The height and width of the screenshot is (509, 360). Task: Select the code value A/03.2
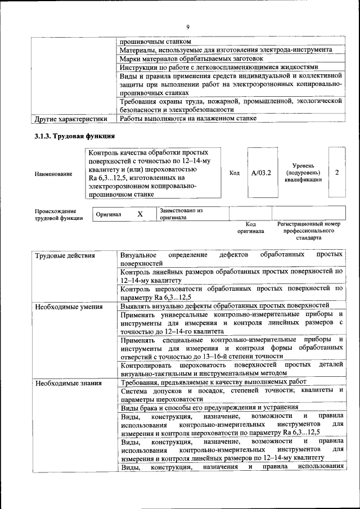point(261,173)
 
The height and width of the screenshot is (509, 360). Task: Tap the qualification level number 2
point(337,173)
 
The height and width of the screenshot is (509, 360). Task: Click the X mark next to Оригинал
point(141,214)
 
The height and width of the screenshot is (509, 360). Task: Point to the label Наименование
point(53,174)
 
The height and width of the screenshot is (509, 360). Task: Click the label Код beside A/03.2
point(235,173)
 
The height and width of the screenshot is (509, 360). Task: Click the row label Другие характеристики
point(70,119)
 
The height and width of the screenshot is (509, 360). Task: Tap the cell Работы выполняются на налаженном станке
point(188,119)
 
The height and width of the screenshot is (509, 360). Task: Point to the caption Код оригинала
point(250,227)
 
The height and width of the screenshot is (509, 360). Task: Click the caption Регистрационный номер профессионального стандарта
point(309,230)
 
